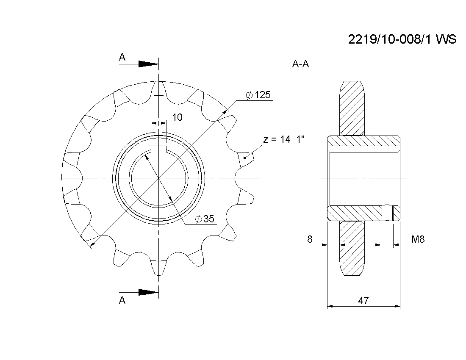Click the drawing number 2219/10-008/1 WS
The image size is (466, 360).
coord(402,39)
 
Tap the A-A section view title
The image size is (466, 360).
coord(300,64)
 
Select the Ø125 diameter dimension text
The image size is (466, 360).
coord(258,95)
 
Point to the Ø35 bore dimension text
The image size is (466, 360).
coord(205,219)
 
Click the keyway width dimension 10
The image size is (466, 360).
coord(177,117)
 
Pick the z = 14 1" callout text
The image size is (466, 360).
coord(284,139)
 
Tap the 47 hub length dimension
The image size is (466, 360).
coord(363,301)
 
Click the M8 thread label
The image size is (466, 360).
coord(418,239)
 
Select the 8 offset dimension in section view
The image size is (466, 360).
coord(310,239)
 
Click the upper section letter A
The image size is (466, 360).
coord(122,57)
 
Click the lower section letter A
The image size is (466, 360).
coord(122,300)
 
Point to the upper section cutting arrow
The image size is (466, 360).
coord(139,64)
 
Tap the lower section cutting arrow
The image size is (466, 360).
coord(139,292)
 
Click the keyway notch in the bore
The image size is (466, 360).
coord(159,150)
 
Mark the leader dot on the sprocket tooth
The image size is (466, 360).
coord(245,158)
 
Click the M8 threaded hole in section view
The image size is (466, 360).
coord(387,213)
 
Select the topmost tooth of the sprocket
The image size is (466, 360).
coord(159,88)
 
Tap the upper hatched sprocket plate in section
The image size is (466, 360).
coord(352,108)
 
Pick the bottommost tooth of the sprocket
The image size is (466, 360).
coord(159,268)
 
